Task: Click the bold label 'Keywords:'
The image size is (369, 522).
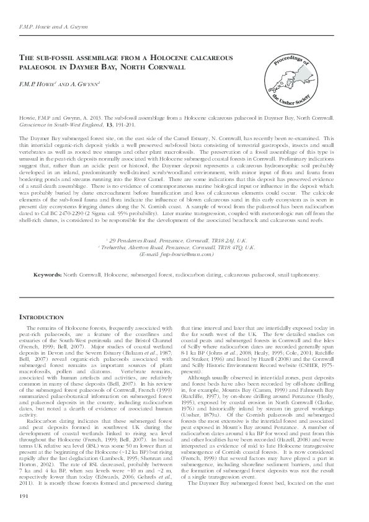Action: tap(47, 273)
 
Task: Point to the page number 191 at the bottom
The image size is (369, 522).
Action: tap(27, 497)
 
